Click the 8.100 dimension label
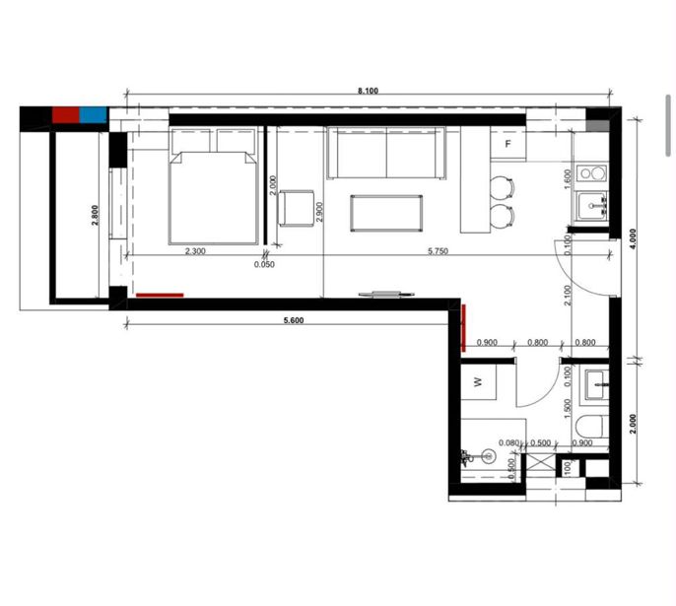pyautogui.click(x=368, y=91)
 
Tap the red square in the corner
pyautogui.click(x=66, y=114)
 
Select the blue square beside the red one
pyautogui.click(x=93, y=114)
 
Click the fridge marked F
pyautogui.click(x=507, y=144)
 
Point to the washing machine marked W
pyautogui.click(x=478, y=382)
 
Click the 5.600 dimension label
pyautogui.click(x=294, y=320)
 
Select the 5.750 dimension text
pyautogui.click(x=438, y=250)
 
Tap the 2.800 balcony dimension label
pyautogui.click(x=96, y=215)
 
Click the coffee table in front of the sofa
pyautogui.click(x=386, y=214)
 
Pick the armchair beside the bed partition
pyautogui.click(x=297, y=208)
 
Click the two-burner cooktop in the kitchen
pyautogui.click(x=592, y=173)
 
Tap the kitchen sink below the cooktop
pyautogui.click(x=592, y=207)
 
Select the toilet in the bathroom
pyautogui.click(x=592, y=427)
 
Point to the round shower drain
pyautogui.click(x=488, y=456)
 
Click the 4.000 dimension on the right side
pyautogui.click(x=633, y=238)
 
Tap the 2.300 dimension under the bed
pyautogui.click(x=195, y=251)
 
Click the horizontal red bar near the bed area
pyautogui.click(x=160, y=296)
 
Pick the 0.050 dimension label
pyautogui.click(x=264, y=264)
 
